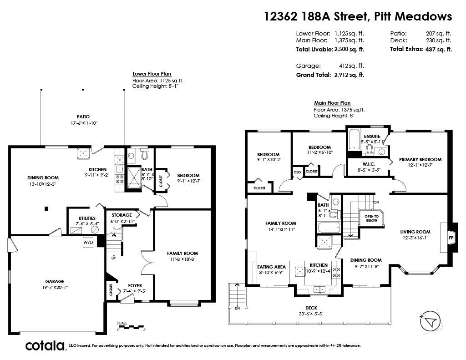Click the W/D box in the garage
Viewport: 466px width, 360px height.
point(88,242)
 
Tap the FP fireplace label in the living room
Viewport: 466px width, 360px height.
point(451,238)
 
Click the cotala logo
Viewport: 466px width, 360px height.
point(45,346)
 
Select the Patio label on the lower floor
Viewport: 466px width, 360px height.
point(83,117)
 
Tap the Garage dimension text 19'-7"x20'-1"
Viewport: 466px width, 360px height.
point(55,288)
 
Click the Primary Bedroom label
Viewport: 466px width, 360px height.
point(420,159)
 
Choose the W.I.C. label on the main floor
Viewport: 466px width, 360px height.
point(369,164)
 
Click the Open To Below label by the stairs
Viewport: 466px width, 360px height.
point(371,218)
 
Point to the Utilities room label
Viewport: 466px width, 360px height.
point(87,218)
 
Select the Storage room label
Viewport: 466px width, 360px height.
point(122,215)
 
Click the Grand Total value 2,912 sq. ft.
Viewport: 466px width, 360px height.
point(349,75)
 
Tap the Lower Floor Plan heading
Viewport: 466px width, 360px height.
point(152,74)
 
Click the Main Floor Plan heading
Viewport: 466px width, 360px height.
point(332,103)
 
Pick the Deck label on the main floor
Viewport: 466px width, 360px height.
point(311,308)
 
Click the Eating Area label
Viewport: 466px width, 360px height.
point(271,267)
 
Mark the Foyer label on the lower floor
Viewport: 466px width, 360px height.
point(135,286)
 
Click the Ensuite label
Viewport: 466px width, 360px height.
point(372,136)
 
